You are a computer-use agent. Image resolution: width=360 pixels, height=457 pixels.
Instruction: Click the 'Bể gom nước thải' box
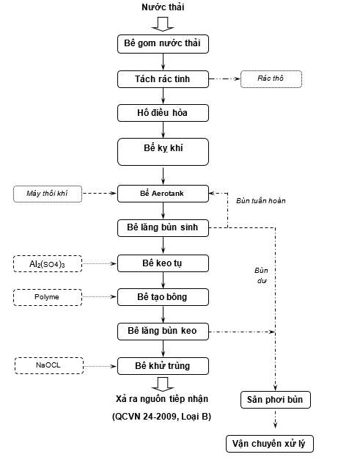163,44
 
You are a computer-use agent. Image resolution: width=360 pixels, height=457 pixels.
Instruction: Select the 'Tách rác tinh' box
163,79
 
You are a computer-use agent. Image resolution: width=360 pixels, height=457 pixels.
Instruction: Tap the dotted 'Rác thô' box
271,78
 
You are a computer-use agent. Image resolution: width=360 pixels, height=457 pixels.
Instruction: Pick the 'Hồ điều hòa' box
163,113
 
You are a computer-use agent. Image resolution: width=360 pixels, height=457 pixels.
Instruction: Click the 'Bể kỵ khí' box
163,152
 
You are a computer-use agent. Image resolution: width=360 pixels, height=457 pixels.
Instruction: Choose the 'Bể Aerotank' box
163,194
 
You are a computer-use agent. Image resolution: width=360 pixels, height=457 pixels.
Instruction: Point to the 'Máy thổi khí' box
48,194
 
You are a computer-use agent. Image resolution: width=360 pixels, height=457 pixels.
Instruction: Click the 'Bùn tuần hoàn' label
261,201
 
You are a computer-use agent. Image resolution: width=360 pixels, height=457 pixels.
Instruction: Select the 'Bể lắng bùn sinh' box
163,228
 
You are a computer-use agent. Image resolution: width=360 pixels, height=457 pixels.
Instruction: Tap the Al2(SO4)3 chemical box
48,264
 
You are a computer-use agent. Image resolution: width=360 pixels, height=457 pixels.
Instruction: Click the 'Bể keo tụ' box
163,263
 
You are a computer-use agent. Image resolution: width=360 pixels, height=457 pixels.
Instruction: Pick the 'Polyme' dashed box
48,297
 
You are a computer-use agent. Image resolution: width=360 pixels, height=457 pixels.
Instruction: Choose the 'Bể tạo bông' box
163,297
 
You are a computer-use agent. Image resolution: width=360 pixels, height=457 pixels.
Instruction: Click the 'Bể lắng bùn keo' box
163,332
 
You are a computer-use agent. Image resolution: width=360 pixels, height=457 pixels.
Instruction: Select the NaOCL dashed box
49,365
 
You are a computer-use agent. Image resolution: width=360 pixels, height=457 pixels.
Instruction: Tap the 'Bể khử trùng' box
163,366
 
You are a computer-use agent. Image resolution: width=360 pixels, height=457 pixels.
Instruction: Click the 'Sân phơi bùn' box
275,400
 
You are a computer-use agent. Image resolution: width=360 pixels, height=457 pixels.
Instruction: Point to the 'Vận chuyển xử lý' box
269,444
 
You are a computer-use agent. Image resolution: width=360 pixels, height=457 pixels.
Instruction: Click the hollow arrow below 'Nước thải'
163,24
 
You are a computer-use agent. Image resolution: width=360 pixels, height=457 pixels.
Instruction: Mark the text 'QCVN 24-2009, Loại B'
161,417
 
